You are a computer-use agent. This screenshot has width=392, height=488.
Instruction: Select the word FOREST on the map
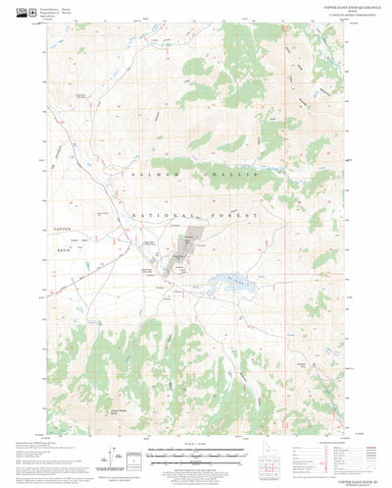(x=236, y=212)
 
